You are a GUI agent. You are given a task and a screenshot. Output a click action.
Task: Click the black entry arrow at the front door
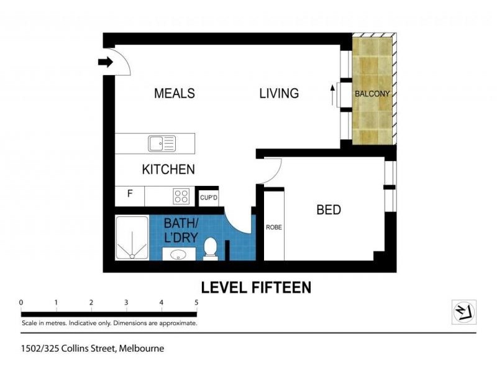coord(106,62)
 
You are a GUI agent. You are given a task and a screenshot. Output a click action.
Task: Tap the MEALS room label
coord(175,93)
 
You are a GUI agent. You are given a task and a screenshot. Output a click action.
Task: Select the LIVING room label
coord(279,93)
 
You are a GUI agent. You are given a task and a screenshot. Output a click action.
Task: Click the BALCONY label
coord(372,94)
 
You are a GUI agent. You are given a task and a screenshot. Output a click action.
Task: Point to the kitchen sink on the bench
coord(162,144)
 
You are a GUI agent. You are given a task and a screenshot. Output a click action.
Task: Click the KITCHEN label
coord(168,169)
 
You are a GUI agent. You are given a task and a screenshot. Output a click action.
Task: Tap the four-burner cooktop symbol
coord(181,196)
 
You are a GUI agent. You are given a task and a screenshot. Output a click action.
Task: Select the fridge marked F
coord(130,194)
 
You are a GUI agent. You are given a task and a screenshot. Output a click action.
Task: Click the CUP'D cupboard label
coord(208,198)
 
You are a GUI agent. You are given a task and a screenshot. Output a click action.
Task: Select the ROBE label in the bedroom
coord(274,228)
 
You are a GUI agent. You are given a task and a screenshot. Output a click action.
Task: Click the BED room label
coord(329,210)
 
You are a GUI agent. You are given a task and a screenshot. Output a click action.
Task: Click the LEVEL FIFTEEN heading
coord(256,288)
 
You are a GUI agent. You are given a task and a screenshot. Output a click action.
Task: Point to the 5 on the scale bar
coord(197,303)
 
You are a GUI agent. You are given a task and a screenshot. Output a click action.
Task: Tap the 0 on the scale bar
coord(21,303)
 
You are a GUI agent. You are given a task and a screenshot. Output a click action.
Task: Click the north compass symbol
coord(463,311)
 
